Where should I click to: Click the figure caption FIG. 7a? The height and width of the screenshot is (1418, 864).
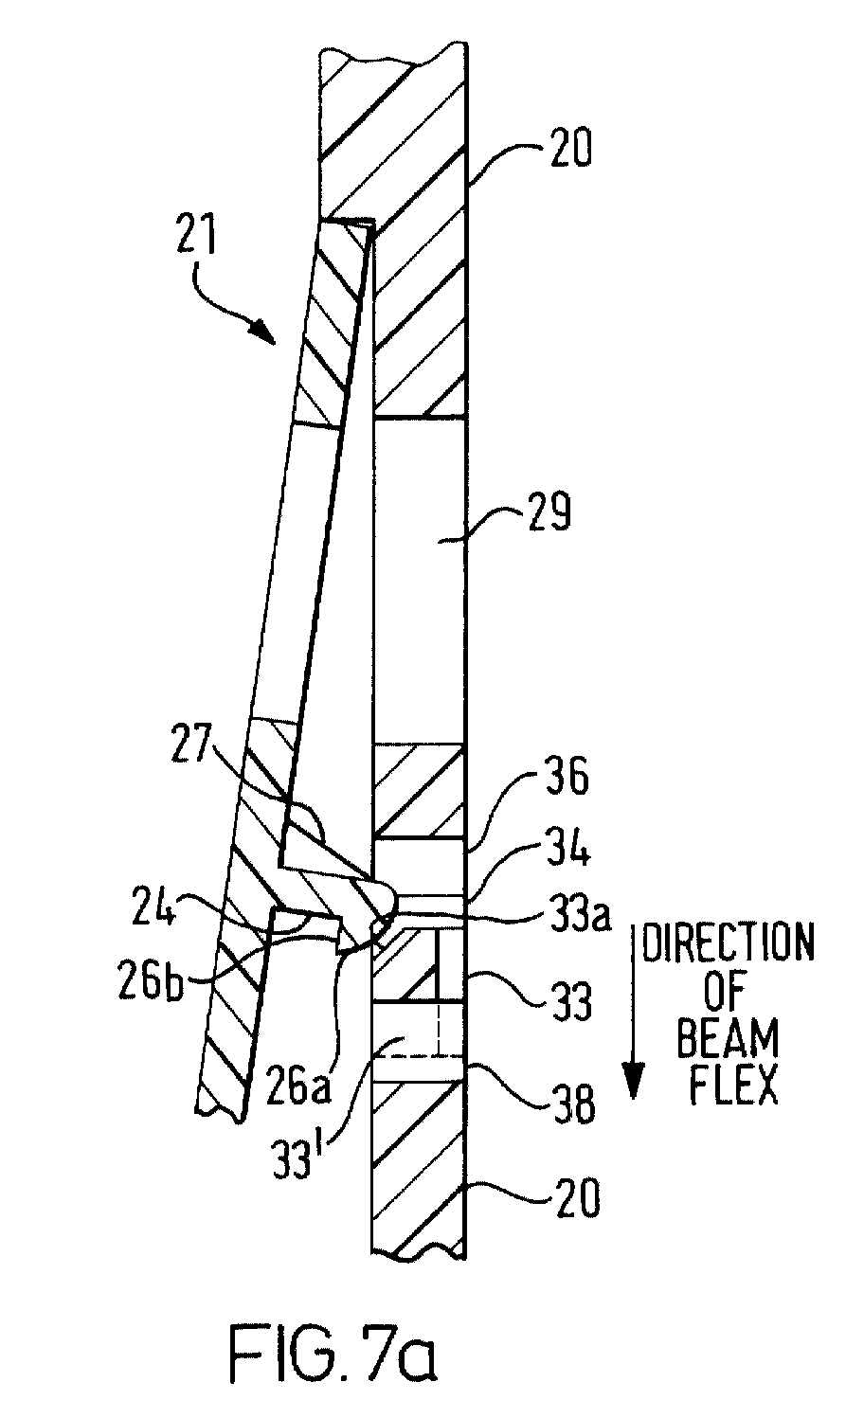click(333, 1355)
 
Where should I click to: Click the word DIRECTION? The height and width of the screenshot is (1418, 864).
click(728, 943)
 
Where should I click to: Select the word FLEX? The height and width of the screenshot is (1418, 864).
click(733, 1086)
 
